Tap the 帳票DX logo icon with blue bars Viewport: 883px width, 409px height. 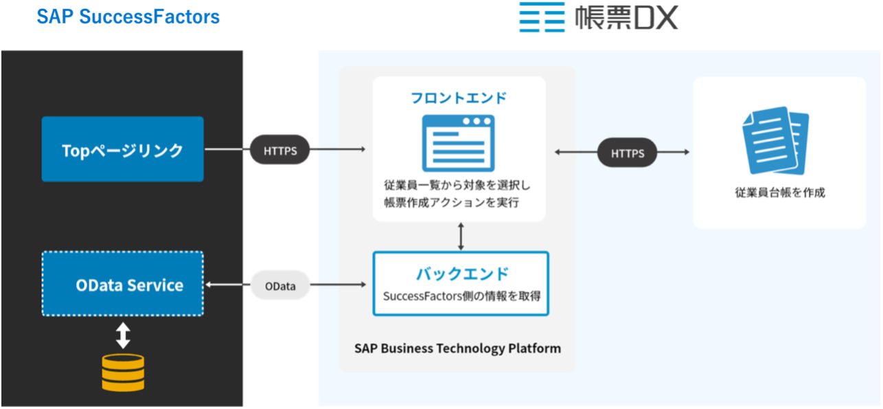[542, 17]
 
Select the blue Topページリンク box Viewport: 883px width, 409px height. [122, 149]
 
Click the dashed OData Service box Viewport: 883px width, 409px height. [122, 284]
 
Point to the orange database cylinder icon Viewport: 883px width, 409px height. [123, 372]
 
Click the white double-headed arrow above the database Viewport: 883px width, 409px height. [123, 335]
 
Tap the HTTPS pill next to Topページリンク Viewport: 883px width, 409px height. [280, 150]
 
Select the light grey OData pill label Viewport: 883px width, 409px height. [280, 285]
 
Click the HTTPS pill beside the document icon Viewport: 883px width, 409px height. [628, 153]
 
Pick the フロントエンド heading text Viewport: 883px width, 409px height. [459, 98]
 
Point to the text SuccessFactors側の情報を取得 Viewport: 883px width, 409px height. [461, 296]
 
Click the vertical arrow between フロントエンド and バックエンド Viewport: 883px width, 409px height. [460, 236]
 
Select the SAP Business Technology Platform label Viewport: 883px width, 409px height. [457, 348]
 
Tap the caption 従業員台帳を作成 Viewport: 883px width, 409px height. [779, 192]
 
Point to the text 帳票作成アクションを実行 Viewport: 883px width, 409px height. [452, 202]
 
